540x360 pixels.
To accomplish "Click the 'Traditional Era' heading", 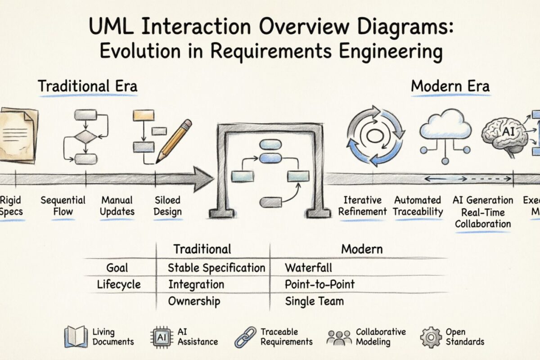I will [87, 86].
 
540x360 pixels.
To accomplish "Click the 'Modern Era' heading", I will [450, 86].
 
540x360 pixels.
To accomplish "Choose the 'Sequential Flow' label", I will [63, 206].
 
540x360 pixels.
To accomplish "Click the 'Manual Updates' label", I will [117, 206].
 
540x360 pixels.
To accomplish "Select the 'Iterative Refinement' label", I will [362, 206].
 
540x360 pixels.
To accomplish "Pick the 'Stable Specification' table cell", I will [216, 268].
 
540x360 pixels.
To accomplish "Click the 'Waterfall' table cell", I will [308, 268].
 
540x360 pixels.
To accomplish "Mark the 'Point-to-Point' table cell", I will [319, 284].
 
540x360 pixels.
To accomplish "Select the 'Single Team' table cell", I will [314, 301].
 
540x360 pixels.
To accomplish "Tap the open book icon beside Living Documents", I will [76, 337].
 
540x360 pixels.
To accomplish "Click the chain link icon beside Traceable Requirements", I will [245, 337].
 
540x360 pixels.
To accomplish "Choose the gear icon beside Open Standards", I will [430, 337].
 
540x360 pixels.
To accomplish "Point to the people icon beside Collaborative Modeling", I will [339, 337].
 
